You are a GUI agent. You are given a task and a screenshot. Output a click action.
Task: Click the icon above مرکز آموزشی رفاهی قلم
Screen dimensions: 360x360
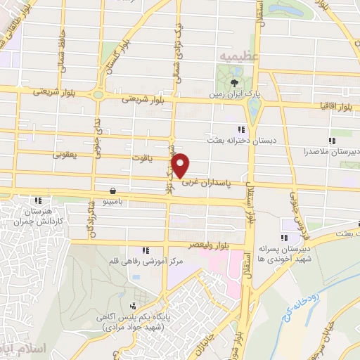[145, 250]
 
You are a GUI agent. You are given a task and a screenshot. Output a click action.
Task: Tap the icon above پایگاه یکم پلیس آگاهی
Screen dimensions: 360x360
[133, 306]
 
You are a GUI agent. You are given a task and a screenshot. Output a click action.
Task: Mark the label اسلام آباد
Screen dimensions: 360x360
[42, 349]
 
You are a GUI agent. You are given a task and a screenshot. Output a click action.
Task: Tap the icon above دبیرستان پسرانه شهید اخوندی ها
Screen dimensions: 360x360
[284, 236]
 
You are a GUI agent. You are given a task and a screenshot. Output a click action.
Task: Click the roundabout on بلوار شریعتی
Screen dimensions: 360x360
[98, 95]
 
